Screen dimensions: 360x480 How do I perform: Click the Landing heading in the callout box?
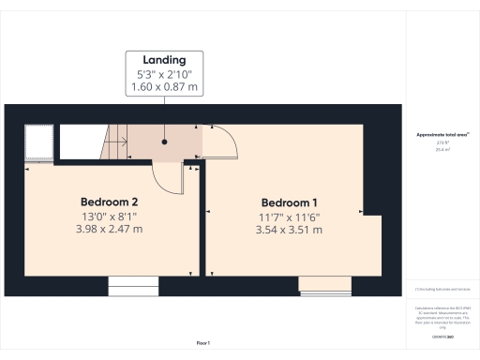coord(165,58)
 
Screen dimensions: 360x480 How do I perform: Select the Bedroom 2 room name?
coord(110,202)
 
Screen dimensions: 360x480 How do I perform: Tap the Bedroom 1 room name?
coord(290,202)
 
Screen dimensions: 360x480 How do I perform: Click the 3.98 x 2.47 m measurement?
coord(110,230)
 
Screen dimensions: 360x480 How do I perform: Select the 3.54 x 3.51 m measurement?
coord(290,230)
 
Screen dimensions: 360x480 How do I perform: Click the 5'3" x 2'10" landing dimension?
coord(165,74)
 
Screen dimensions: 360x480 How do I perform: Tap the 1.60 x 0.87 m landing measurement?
coord(165,88)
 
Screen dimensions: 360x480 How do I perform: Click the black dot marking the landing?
coord(165,142)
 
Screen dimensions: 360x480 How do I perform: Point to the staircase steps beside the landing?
coord(115,143)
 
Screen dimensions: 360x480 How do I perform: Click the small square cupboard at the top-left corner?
coord(37,142)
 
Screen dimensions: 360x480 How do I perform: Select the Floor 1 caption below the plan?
coord(202,342)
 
